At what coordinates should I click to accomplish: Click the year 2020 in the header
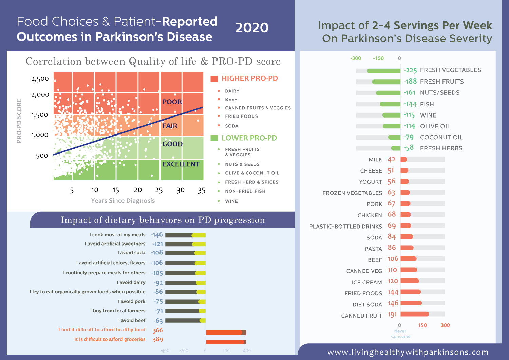click(x=252, y=28)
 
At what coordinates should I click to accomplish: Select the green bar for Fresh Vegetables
click(x=384, y=71)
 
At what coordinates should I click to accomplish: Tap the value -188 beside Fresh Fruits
click(x=410, y=82)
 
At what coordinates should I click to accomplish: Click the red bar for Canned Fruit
click(x=415, y=314)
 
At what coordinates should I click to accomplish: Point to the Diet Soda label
click(x=367, y=305)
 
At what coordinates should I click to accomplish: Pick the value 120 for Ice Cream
click(x=393, y=281)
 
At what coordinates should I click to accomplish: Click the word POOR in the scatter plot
click(x=172, y=102)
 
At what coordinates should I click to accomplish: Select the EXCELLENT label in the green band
click(x=181, y=164)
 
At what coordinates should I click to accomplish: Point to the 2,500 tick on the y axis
click(x=40, y=79)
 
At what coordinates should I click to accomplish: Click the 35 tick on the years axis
click(x=202, y=191)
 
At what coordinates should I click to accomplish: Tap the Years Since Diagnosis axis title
click(x=123, y=201)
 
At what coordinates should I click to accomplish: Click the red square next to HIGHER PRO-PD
click(x=214, y=79)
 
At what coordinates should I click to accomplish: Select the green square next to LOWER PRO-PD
click(x=214, y=138)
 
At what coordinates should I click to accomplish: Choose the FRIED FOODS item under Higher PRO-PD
click(x=241, y=116)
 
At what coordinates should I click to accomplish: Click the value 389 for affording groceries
click(x=157, y=339)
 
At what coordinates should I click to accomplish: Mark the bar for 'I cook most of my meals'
click(x=185, y=235)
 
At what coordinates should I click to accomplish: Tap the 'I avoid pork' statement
click(x=132, y=301)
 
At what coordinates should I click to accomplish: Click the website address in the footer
click(x=408, y=352)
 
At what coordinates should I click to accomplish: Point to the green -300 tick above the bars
click(x=356, y=58)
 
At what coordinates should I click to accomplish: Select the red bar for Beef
click(x=408, y=259)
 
